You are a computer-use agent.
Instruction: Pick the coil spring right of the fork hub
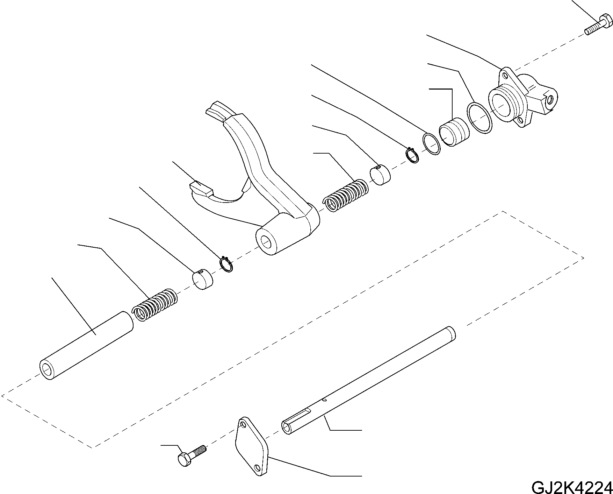[x=346, y=196]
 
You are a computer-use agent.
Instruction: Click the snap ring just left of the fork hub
[x=227, y=264]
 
